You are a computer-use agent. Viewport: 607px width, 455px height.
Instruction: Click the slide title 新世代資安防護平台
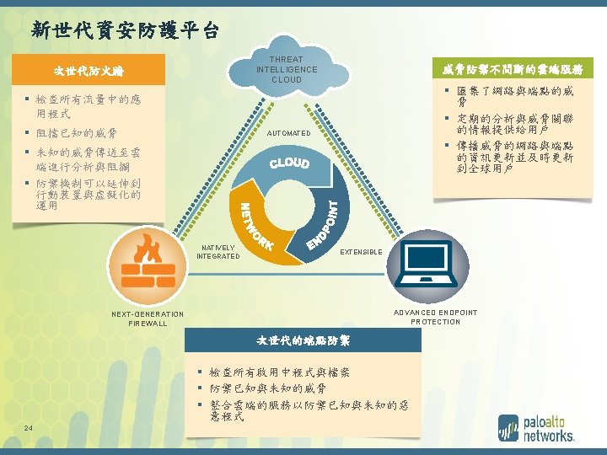(x=125, y=31)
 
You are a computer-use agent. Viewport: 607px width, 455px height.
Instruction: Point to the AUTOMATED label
(x=288, y=134)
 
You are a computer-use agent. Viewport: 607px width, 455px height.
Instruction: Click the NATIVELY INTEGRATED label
(x=218, y=252)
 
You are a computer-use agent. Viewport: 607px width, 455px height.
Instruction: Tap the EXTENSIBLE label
(x=361, y=252)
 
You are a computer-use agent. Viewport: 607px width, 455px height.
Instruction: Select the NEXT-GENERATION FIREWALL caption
(x=148, y=318)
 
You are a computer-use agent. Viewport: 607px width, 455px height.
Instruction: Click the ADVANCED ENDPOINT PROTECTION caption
(x=435, y=317)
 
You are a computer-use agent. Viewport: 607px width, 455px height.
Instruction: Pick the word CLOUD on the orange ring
(x=289, y=163)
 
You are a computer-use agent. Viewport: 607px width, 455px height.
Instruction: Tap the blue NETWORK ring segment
(x=253, y=224)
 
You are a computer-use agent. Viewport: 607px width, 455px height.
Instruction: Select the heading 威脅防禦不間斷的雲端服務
(x=513, y=69)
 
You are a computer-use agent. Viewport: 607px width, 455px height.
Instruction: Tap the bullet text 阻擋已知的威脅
(x=78, y=132)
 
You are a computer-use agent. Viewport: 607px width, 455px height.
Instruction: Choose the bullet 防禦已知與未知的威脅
(x=267, y=388)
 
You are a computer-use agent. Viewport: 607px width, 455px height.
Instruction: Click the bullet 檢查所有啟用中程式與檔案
(x=279, y=372)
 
